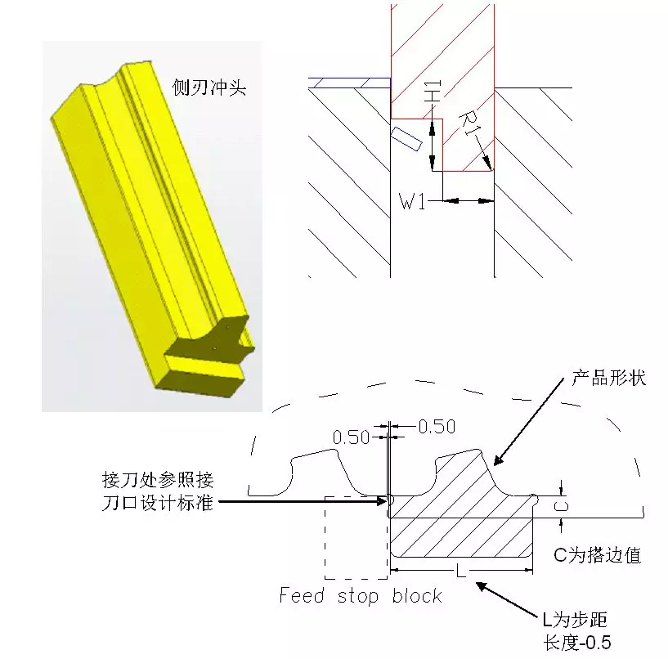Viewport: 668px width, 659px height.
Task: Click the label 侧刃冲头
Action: point(208,86)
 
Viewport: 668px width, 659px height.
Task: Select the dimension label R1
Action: point(470,127)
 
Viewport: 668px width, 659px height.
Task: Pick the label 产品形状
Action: point(608,379)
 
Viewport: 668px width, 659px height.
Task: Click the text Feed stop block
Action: point(361,595)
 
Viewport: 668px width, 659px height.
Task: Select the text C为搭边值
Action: point(597,556)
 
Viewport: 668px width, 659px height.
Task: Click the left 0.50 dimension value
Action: point(352,437)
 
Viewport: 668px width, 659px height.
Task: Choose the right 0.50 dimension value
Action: point(436,426)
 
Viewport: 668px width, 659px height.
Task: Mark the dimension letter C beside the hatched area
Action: point(560,507)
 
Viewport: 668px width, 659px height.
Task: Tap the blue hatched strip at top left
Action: point(347,83)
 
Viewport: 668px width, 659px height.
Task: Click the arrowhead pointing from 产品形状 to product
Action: point(496,463)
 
